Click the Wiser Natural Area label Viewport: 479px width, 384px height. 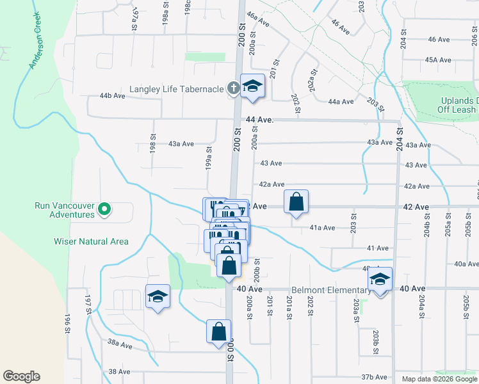coord(92,241)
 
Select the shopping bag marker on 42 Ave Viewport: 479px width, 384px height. coord(296,202)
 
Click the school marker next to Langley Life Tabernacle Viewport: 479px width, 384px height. coord(252,86)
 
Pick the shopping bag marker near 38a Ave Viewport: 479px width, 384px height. coord(218,332)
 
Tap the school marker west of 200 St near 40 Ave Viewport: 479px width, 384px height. coord(158,297)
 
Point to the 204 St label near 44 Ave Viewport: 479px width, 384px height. coord(400,138)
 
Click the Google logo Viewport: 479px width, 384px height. coord(21,376)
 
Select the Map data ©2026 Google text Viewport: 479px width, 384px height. coord(439,379)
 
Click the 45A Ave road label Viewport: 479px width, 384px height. coord(438,60)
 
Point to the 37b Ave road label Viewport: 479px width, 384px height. coord(375,377)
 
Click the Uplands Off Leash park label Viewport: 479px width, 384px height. coord(459,105)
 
